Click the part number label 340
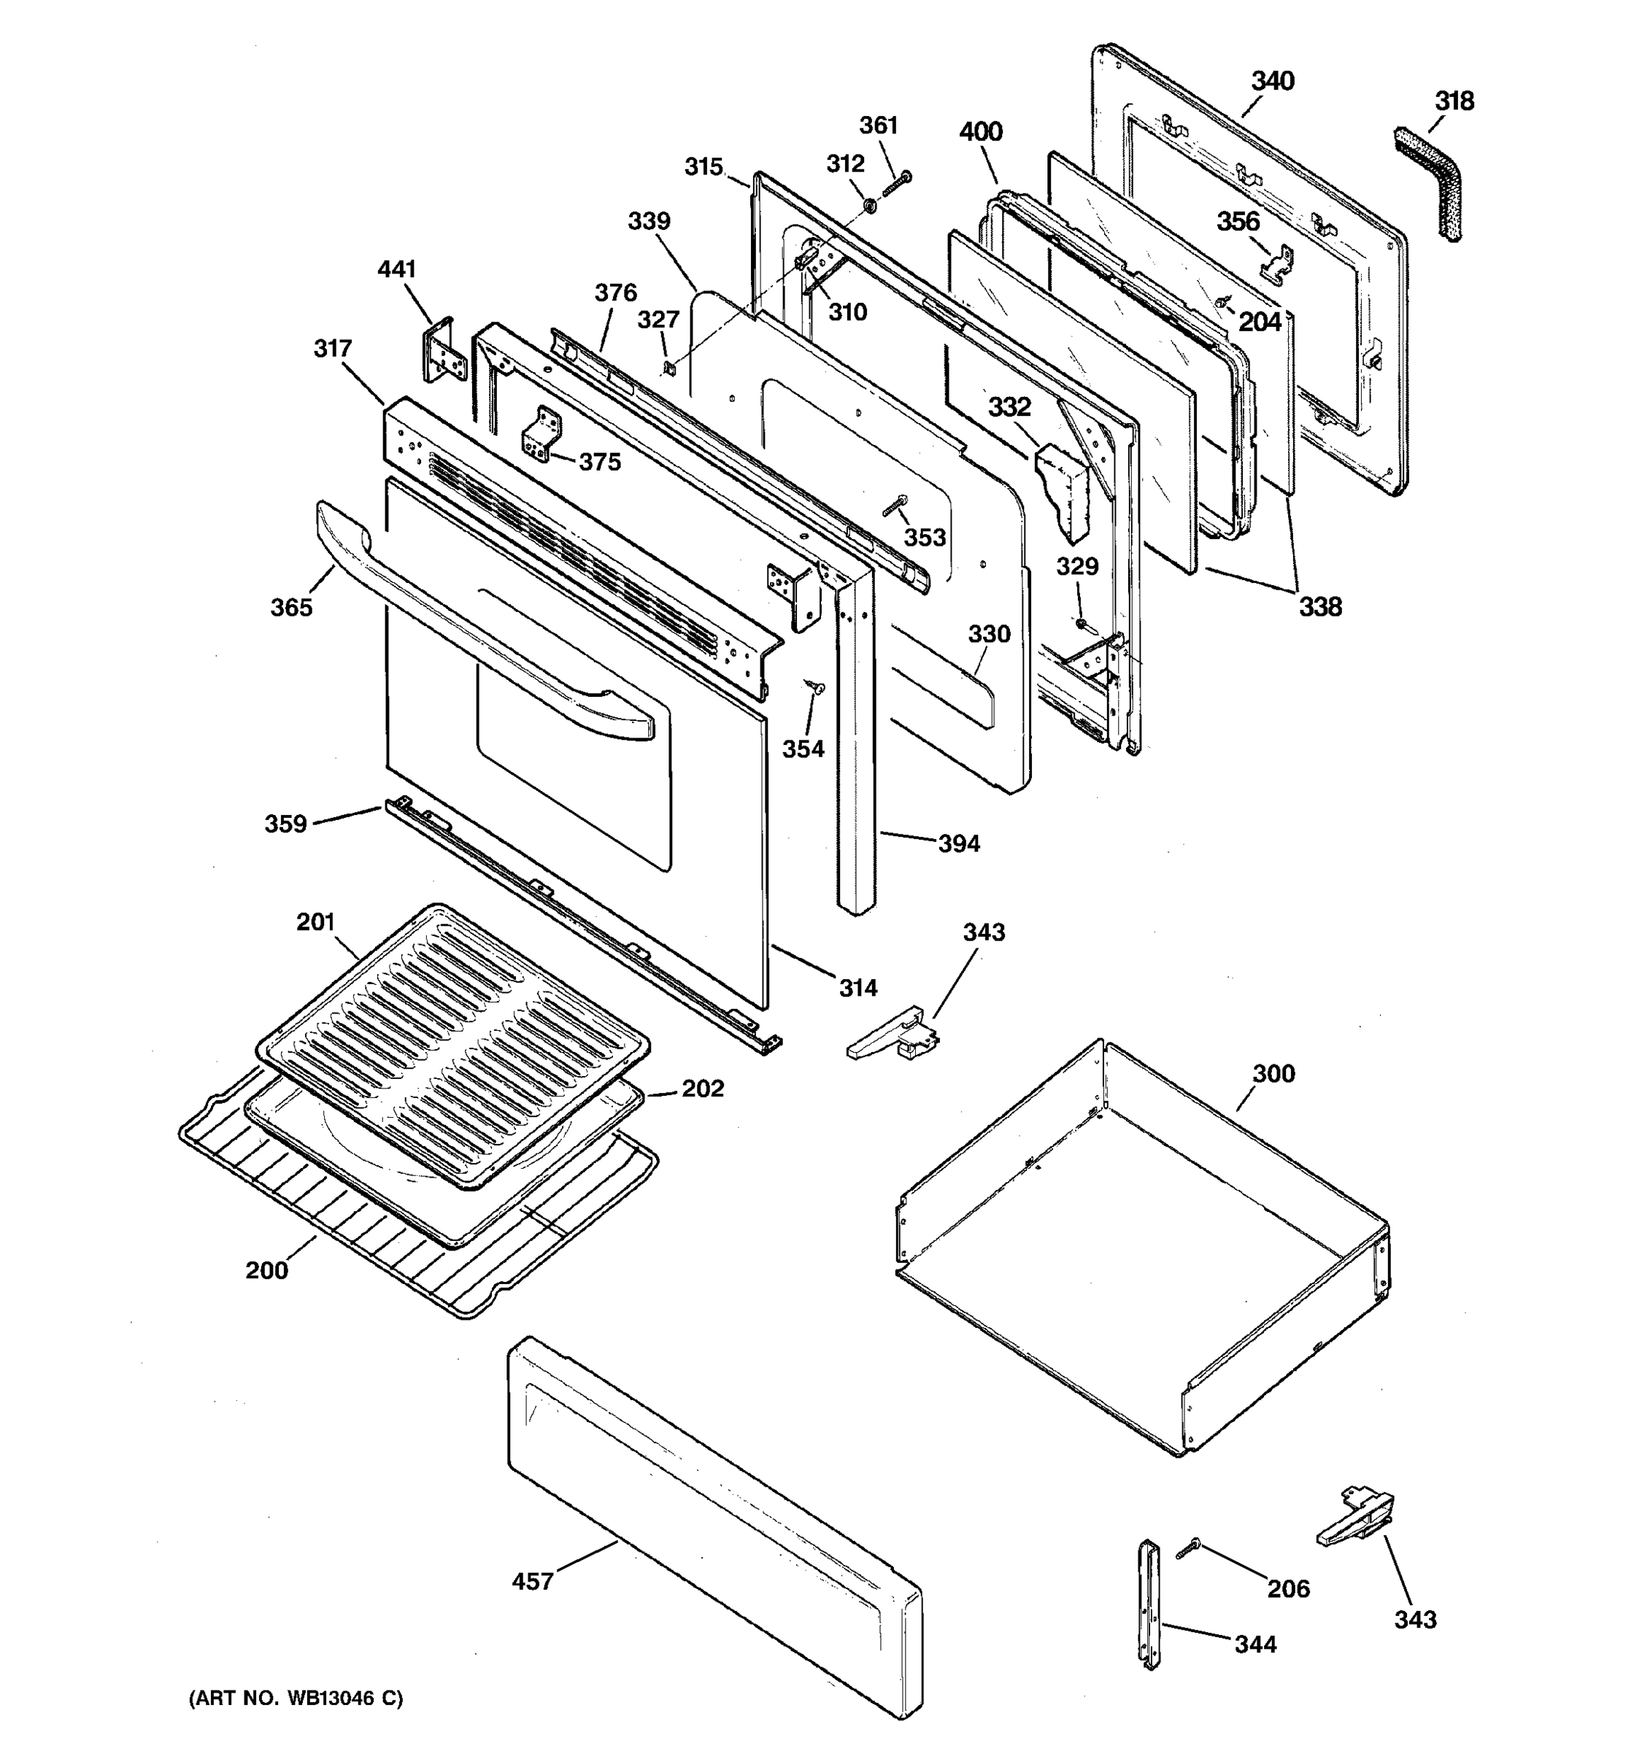tap(1272, 81)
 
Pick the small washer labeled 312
tap(867, 206)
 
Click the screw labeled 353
tap(893, 507)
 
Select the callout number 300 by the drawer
tap(1273, 1074)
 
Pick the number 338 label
tap(1319, 606)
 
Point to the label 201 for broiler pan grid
tap(315, 922)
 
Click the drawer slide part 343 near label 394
tap(894, 1037)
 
